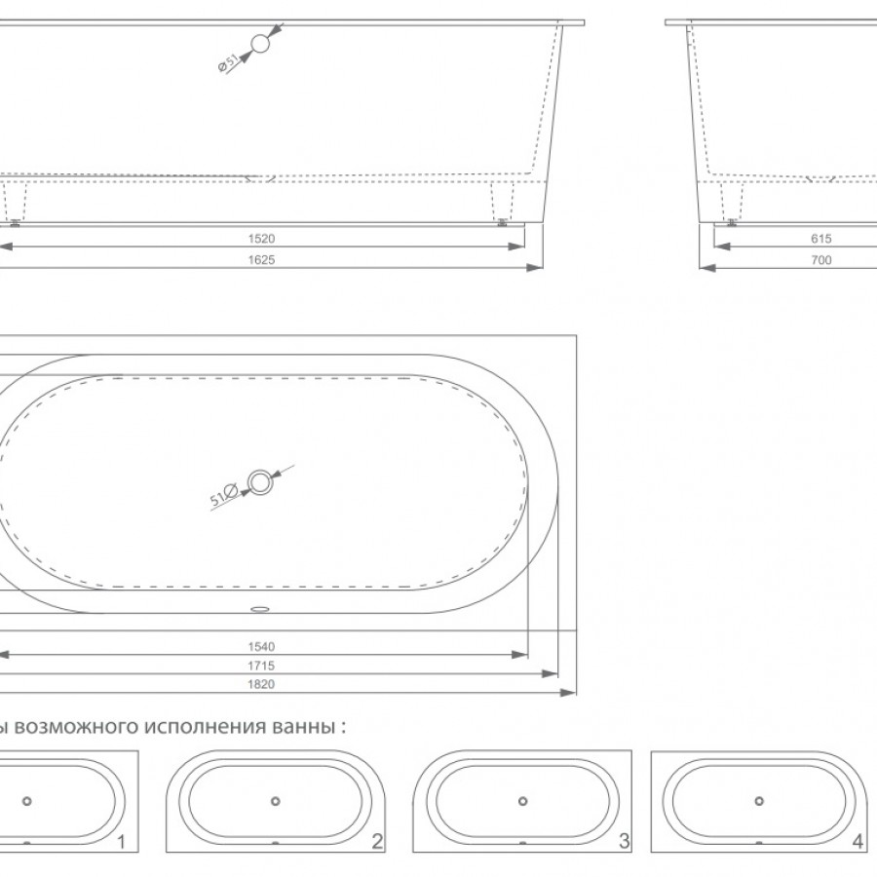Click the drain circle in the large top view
tap(260, 480)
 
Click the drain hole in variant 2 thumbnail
tap(276, 801)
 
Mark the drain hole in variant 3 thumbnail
tap(523, 801)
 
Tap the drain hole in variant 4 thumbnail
tap(757, 801)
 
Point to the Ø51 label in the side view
tap(226, 62)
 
